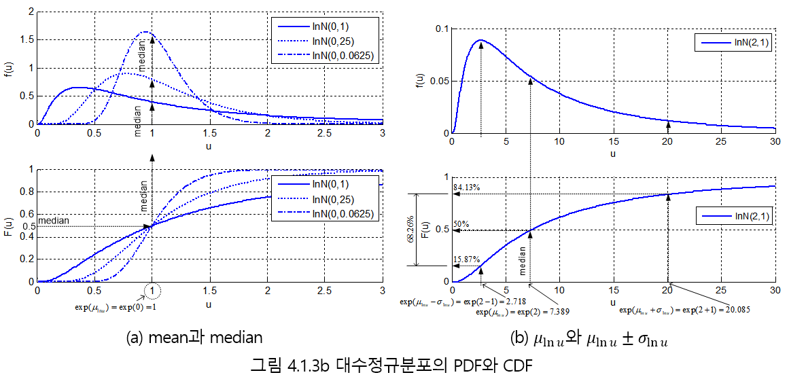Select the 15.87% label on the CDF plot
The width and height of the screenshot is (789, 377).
467,259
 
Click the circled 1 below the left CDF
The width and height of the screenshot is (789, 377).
153,291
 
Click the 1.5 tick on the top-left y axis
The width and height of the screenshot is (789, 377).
24,40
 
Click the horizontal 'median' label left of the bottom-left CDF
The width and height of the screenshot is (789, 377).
53,220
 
